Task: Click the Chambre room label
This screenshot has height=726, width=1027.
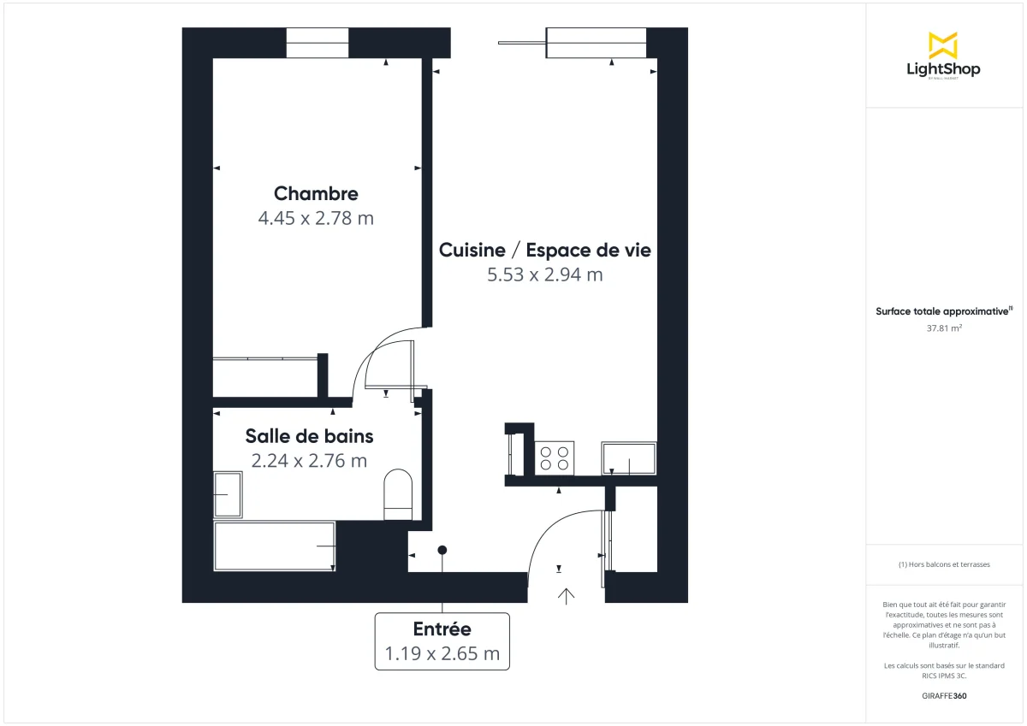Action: [x=316, y=193]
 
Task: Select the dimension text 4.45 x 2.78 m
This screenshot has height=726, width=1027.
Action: [x=316, y=218]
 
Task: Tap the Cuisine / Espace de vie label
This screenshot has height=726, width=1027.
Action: [x=544, y=250]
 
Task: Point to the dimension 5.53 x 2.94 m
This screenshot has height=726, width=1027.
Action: [x=544, y=274]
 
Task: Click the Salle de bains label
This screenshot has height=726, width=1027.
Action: [x=309, y=436]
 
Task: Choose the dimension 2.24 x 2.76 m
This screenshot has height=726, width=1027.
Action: [x=309, y=461]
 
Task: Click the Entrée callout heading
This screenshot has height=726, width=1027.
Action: [x=442, y=629]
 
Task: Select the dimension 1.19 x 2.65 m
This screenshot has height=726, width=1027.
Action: [x=442, y=654]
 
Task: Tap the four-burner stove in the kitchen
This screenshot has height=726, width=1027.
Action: [x=555, y=457]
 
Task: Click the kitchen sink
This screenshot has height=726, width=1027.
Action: [x=629, y=458]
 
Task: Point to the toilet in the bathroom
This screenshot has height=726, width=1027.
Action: [x=398, y=493]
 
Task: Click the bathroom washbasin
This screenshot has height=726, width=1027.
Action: [x=228, y=494]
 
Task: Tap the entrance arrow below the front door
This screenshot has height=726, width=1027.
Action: [x=566, y=596]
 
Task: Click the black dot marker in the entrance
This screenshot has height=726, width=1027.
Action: [x=442, y=550]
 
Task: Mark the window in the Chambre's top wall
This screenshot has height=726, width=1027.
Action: [x=318, y=43]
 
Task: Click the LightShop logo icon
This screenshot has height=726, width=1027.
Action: [x=942, y=45]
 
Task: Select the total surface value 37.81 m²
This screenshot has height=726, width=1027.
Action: [x=942, y=327]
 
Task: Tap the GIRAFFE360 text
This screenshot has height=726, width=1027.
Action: [x=944, y=696]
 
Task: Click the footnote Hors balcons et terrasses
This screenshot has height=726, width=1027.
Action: [x=944, y=564]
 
